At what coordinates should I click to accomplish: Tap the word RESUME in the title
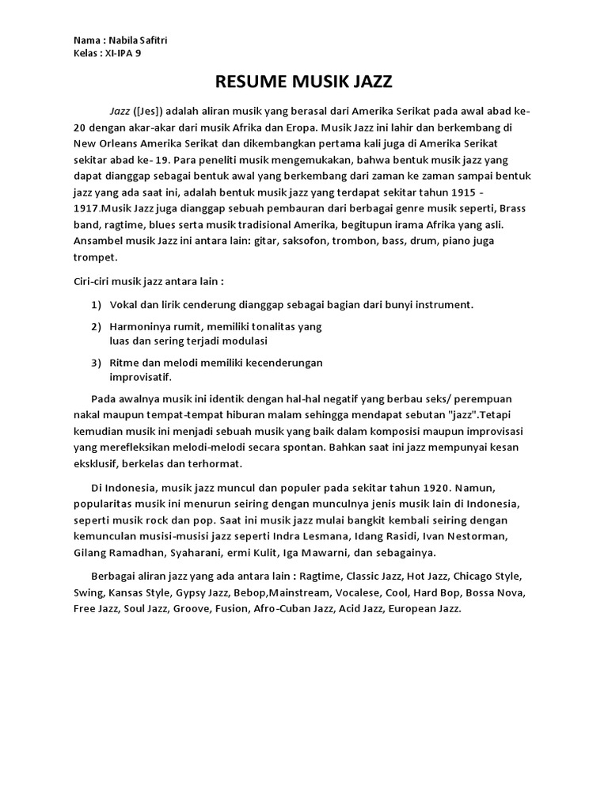click(x=245, y=82)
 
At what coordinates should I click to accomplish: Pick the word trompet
click(x=95, y=257)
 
